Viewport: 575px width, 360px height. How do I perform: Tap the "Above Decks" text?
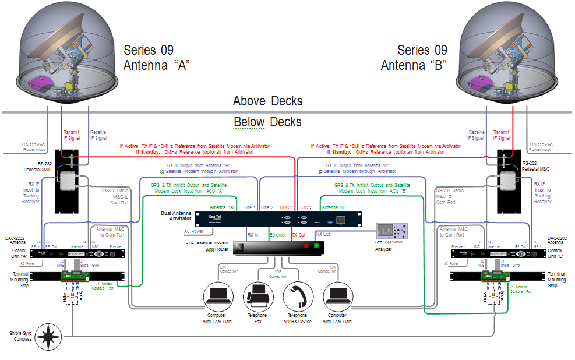(267, 101)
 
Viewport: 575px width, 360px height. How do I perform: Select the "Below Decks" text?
(267, 122)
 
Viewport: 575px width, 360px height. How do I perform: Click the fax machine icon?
(257, 295)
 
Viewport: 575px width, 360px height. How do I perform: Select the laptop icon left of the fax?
(218, 295)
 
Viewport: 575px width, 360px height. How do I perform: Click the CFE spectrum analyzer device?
(391, 232)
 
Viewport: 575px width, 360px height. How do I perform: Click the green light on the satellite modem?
(317, 245)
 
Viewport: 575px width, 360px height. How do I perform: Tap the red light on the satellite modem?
(305, 245)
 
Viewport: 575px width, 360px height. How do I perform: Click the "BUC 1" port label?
(288, 207)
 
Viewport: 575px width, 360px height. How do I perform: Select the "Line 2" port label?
(267, 207)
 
